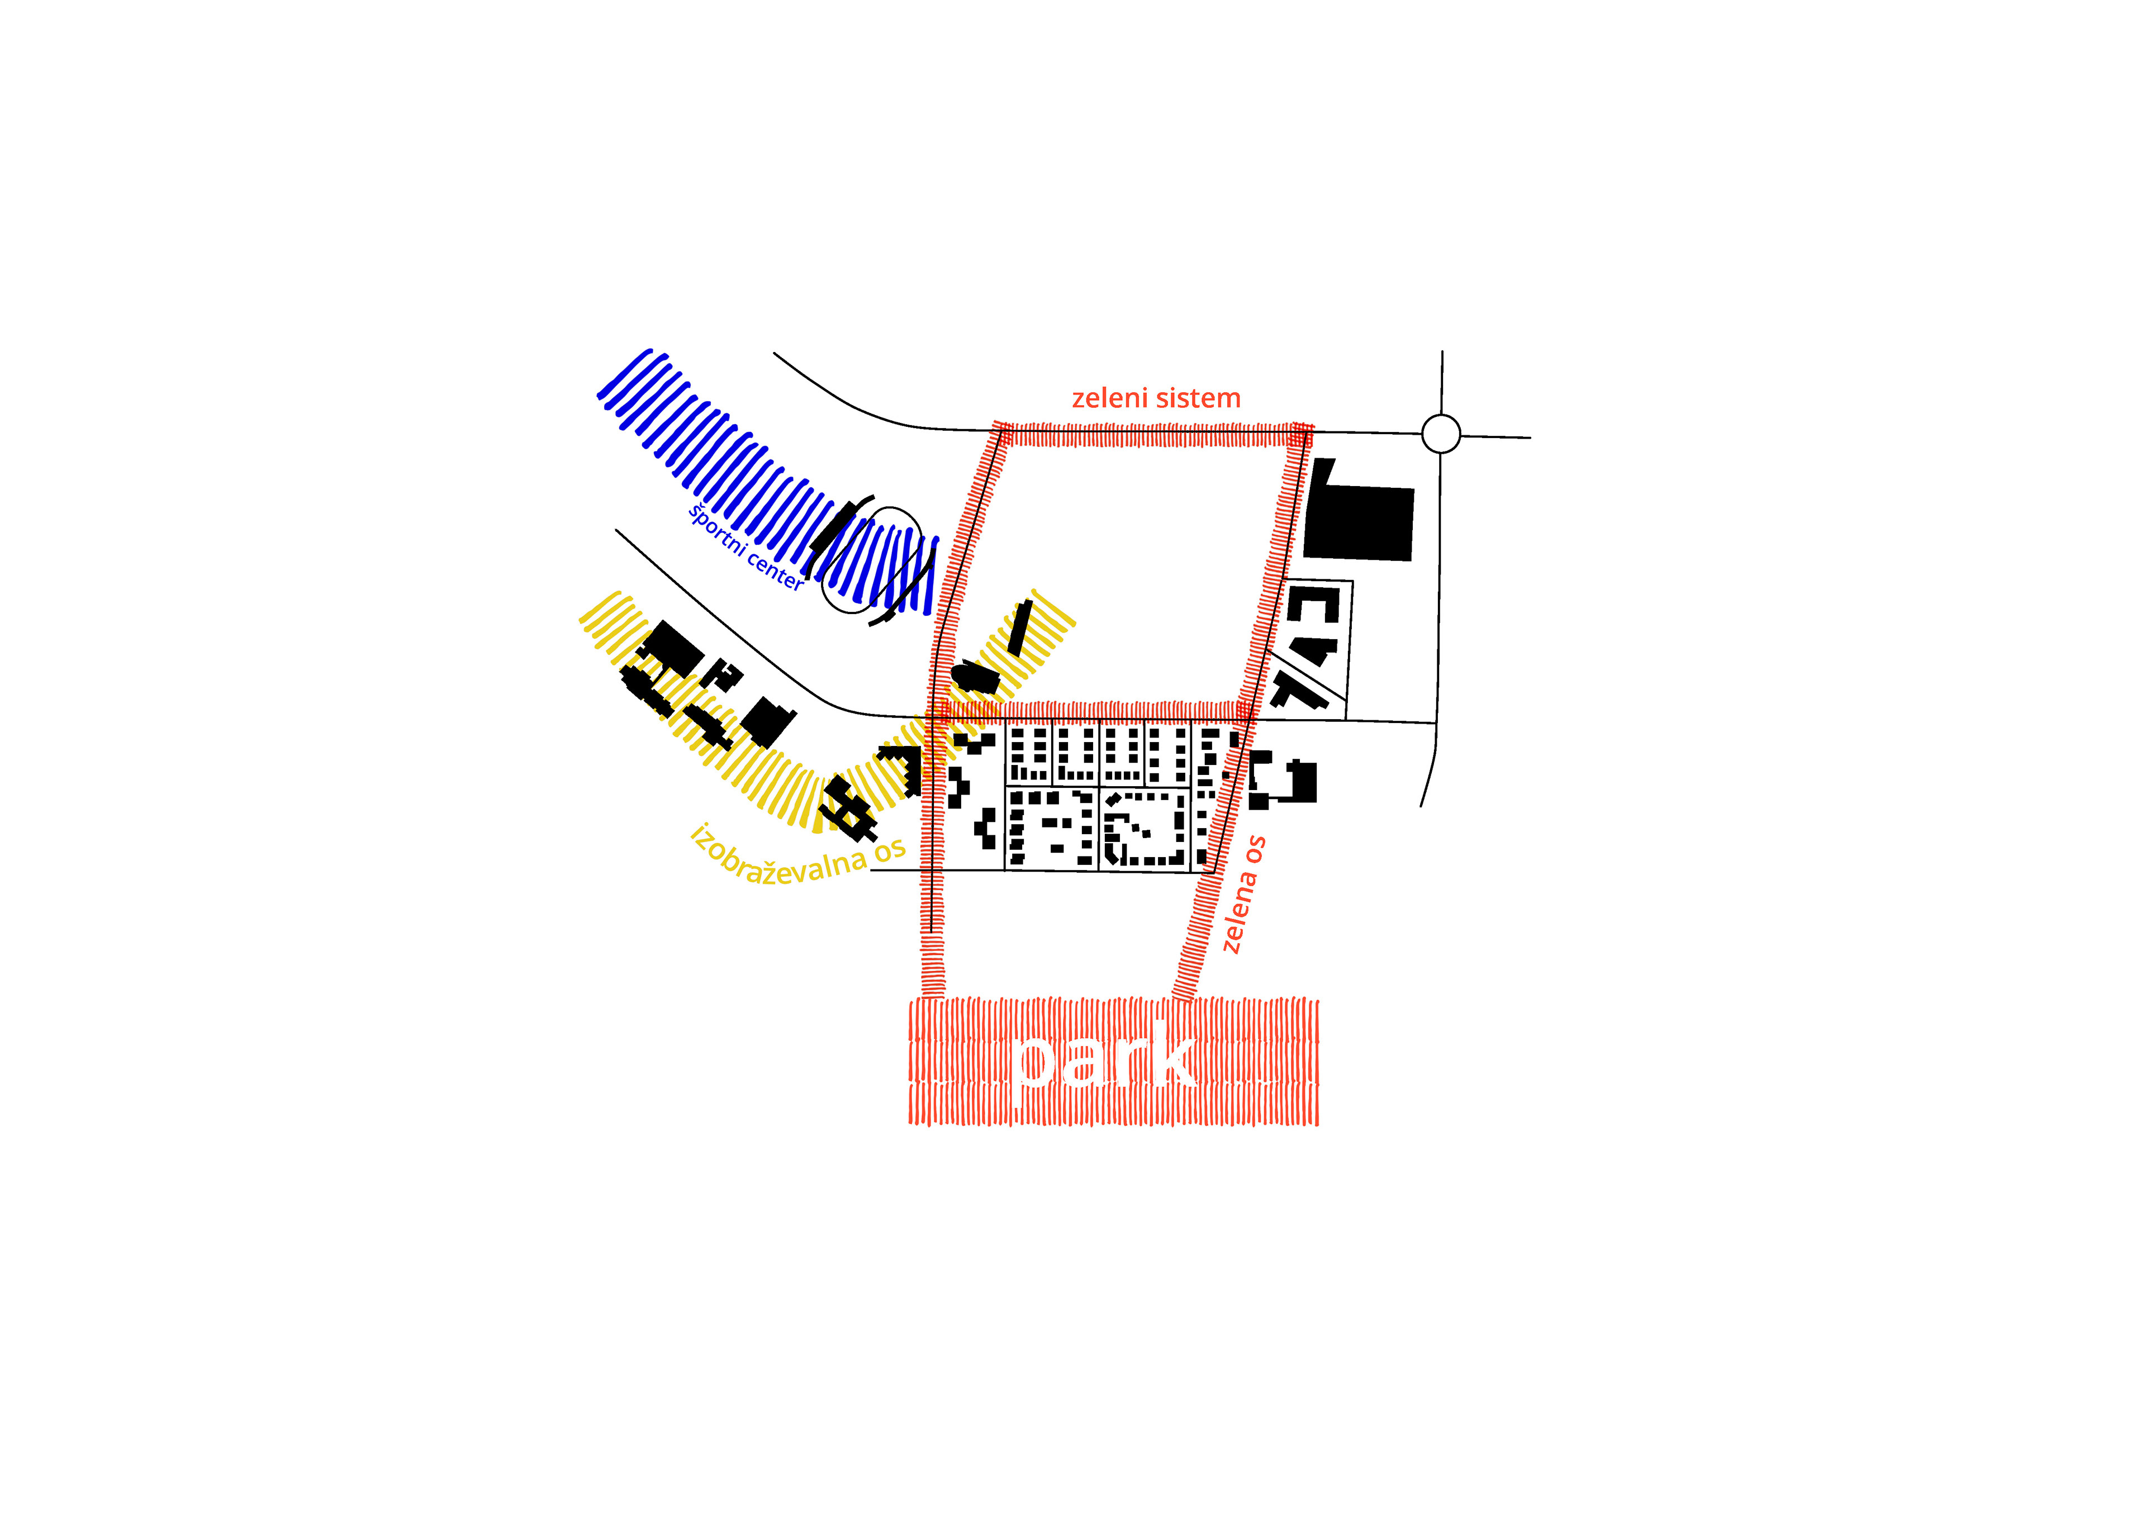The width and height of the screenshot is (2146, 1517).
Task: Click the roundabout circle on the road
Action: click(x=1440, y=434)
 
